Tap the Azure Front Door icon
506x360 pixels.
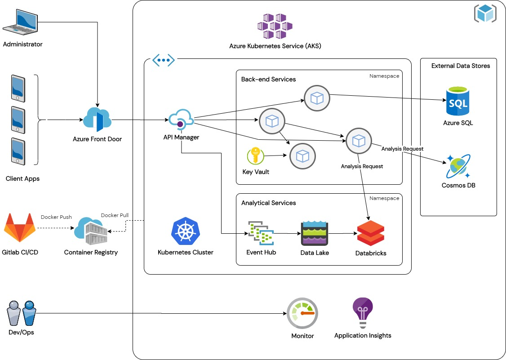point(97,120)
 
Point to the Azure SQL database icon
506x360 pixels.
point(457,102)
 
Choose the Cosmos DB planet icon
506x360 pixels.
point(457,166)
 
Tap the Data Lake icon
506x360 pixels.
point(315,233)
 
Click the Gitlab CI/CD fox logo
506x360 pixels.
point(20,228)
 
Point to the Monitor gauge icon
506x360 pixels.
point(302,313)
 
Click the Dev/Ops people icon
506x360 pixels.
point(21,313)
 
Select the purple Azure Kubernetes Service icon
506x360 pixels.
point(275,27)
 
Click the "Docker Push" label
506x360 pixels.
point(56,217)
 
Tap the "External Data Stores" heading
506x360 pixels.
point(461,66)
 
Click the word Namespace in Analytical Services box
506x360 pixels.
point(384,198)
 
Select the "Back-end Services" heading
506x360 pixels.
point(268,79)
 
